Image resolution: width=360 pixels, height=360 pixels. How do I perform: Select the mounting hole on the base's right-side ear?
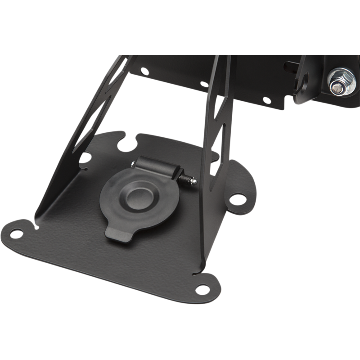point(237,198)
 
